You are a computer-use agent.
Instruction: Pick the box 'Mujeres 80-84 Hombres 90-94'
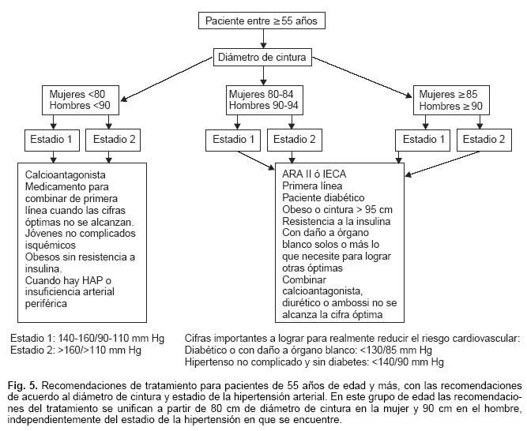(x=262, y=99)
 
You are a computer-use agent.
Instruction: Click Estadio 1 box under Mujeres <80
(x=51, y=140)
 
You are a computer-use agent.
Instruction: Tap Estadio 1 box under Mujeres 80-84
(x=232, y=140)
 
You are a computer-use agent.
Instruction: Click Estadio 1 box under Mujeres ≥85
(x=423, y=140)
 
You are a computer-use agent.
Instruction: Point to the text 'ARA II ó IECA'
(x=314, y=174)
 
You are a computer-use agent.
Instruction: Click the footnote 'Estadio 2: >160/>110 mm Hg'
(x=76, y=350)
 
